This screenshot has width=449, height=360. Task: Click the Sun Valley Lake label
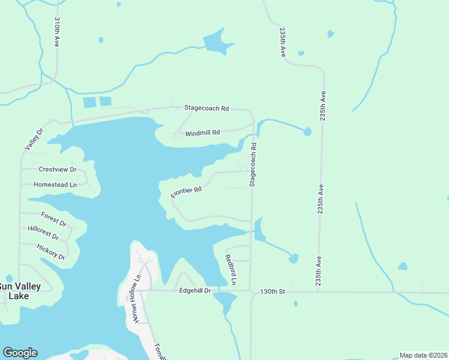[20, 290]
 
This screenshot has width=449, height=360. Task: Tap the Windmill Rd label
[202, 133]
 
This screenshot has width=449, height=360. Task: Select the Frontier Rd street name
[186, 192]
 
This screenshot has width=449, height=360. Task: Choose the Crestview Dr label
[58, 170]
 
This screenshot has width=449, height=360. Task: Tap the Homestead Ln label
[55, 185]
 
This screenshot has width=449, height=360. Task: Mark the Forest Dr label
[53, 217]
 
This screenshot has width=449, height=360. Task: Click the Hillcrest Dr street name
[47, 233]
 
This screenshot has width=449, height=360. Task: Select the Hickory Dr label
[50, 252]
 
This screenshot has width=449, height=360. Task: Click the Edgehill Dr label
[195, 291]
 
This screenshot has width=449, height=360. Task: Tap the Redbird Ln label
[231, 270]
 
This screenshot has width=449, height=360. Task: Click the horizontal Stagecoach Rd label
[206, 109]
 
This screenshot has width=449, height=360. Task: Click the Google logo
[20, 353]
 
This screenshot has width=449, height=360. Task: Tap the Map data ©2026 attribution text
[423, 355]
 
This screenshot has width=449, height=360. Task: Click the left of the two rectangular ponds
[89, 103]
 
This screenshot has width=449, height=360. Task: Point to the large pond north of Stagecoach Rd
[215, 43]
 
